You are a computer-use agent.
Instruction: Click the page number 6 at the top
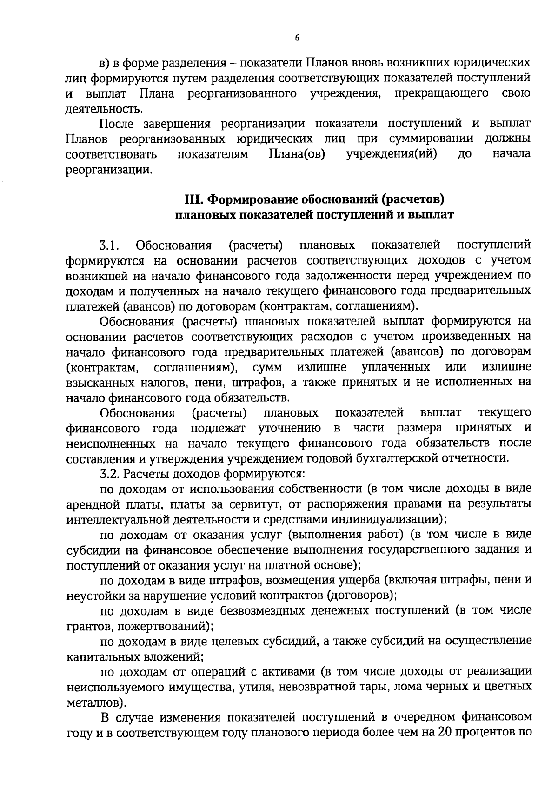click(297, 39)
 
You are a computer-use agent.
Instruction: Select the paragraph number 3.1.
click(110, 245)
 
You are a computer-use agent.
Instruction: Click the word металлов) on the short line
click(97, 702)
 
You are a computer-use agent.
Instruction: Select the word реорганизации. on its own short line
click(109, 170)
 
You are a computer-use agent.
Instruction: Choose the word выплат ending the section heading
click(430, 215)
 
